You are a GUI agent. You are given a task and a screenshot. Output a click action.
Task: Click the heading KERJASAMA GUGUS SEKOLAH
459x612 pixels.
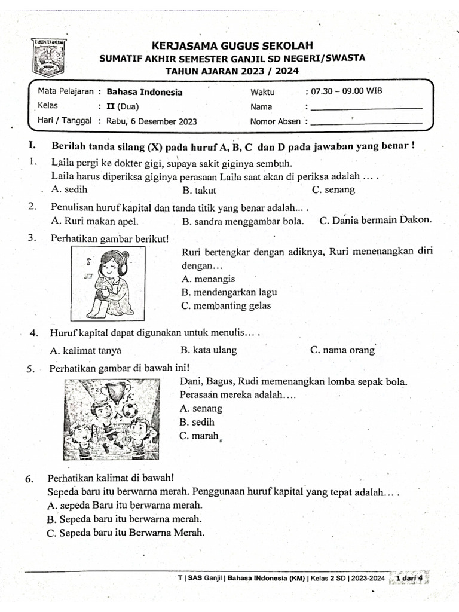(232, 46)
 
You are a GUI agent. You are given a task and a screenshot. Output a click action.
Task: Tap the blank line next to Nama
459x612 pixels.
(367, 108)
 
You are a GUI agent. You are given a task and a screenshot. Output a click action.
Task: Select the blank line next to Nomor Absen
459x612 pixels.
(367, 123)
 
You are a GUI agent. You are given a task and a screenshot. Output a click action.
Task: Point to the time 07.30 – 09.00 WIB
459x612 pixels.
(343, 91)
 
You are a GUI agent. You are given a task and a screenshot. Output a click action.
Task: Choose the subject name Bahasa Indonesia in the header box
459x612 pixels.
(144, 92)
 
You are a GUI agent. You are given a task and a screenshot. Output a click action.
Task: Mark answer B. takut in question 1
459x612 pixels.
(199, 191)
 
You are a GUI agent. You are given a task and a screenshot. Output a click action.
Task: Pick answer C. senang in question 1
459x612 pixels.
(333, 190)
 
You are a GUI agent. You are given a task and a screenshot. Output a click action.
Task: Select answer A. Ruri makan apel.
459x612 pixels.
(94, 221)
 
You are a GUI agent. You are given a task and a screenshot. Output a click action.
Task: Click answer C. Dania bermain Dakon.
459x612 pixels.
(375, 220)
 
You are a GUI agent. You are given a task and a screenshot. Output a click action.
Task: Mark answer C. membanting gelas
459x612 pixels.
(225, 306)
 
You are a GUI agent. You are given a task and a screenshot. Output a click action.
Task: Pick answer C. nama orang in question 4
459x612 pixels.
(342, 350)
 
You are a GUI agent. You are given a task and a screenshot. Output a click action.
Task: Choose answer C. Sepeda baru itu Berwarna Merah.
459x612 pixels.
(125, 533)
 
